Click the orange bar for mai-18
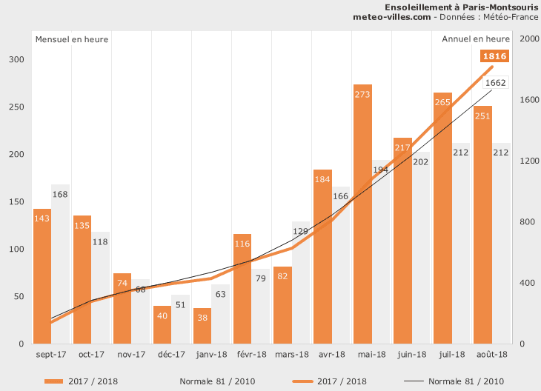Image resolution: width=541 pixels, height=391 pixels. click(362, 215)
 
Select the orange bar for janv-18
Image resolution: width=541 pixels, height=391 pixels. click(202, 326)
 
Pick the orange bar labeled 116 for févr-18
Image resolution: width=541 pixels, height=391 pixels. click(242, 289)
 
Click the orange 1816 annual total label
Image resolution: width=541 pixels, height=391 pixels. click(494, 56)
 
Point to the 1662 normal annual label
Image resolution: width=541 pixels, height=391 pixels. click(495, 83)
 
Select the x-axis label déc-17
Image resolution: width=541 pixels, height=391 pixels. click(171, 355)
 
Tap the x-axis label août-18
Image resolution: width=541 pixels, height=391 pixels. click(491, 355)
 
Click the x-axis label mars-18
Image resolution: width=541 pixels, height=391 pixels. click(291, 355)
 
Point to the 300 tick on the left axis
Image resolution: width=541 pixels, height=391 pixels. click(16, 60)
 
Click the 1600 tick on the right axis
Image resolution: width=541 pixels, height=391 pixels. click(526, 100)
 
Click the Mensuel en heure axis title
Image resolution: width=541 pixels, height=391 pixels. click(72, 39)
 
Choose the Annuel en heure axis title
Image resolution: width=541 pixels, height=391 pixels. click(475, 39)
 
